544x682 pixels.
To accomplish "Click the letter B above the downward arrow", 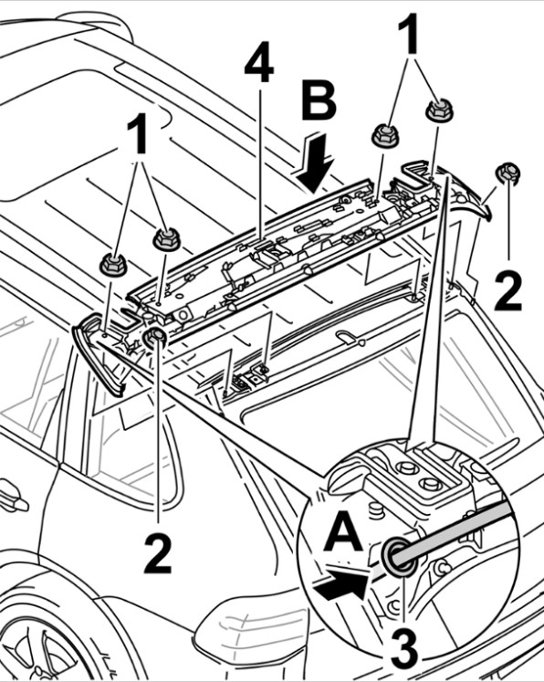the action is point(319,101).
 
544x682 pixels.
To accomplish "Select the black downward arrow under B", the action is point(316,163).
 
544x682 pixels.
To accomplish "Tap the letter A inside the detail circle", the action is point(343,530).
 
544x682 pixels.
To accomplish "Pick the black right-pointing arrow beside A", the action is point(343,584).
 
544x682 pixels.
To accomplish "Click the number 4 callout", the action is point(259,63).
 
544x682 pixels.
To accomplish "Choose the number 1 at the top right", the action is point(408,34).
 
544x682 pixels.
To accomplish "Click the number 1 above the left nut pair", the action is point(138,133).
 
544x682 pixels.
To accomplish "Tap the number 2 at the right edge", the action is point(507,290).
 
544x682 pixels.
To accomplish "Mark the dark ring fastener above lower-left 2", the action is point(155,337).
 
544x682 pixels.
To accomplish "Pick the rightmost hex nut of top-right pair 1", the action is point(439,110).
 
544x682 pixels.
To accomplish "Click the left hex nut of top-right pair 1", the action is point(385,135).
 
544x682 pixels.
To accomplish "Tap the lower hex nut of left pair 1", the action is point(113,264).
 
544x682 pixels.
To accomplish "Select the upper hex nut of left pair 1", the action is point(166,239).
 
